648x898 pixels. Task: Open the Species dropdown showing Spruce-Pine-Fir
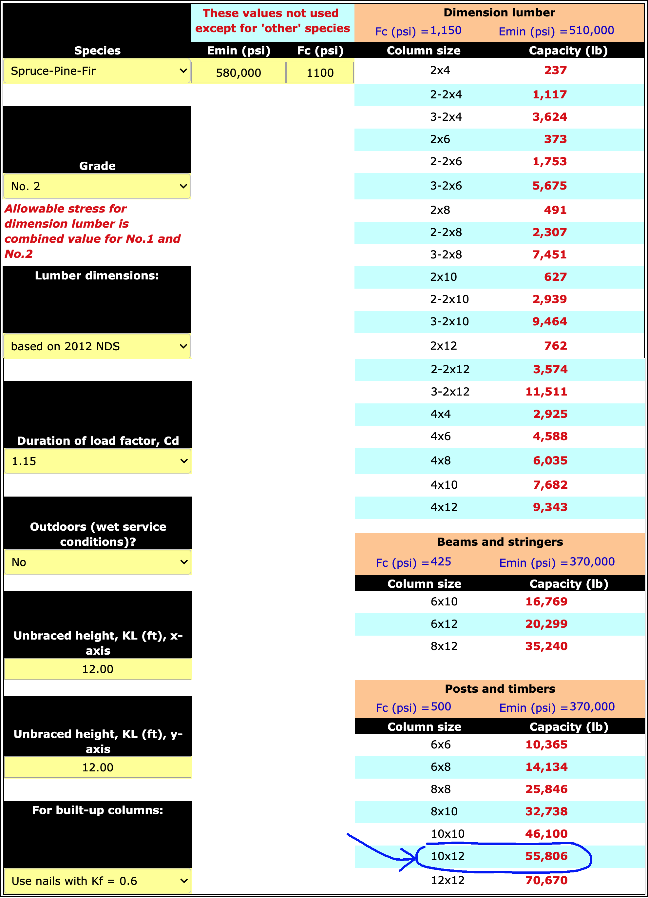coord(97,71)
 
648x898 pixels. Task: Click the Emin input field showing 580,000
coord(238,72)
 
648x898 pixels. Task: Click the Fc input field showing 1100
coord(320,72)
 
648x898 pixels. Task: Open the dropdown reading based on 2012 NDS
coord(97,346)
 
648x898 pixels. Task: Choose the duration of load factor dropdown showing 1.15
coord(97,461)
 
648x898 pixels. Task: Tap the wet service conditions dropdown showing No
coord(97,562)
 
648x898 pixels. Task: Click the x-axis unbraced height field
coord(97,669)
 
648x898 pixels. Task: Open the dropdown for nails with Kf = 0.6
coord(97,881)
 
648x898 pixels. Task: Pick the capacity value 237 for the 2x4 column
coord(555,70)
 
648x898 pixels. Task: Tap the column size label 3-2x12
coord(450,392)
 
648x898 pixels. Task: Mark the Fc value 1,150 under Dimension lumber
coord(446,31)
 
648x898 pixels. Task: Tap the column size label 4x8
coord(440,460)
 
